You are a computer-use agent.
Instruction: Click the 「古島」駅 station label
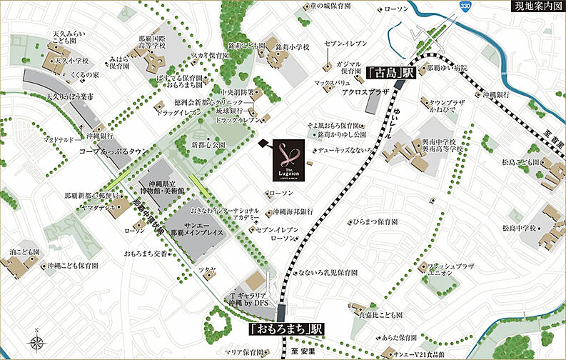click(x=390, y=73)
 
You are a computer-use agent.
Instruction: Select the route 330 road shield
click(x=465, y=6)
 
